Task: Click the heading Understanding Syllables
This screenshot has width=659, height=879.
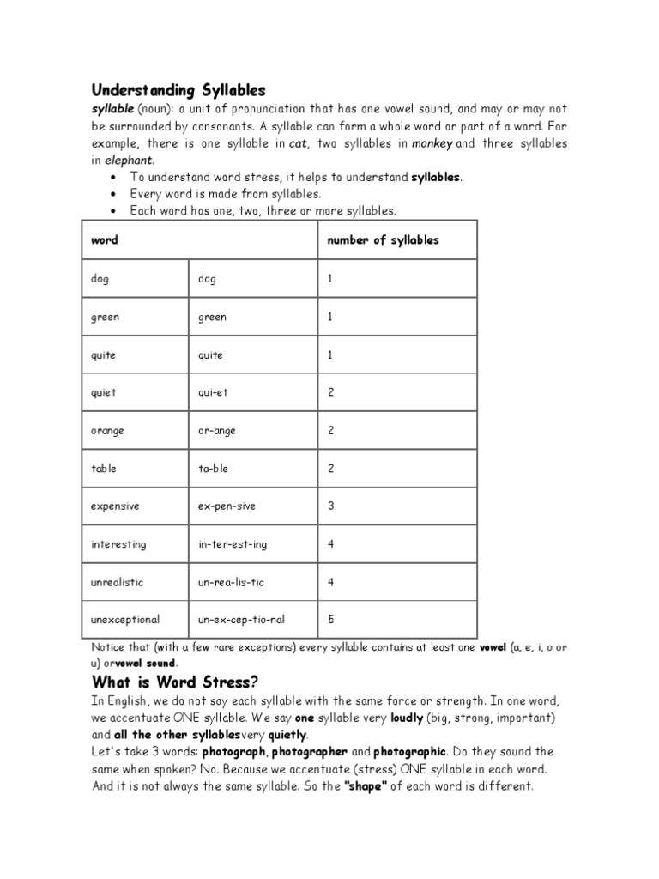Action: click(x=178, y=90)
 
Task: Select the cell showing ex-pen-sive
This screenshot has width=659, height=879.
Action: click(x=227, y=506)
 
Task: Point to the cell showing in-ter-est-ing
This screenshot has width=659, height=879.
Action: click(x=233, y=544)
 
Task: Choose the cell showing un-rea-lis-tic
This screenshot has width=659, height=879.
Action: click(x=231, y=582)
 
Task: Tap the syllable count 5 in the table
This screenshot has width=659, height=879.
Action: click(x=330, y=619)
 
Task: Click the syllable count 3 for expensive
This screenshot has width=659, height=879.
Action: click(x=330, y=506)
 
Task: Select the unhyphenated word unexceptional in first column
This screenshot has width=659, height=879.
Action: click(x=125, y=619)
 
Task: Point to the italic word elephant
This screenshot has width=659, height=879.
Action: click(x=130, y=161)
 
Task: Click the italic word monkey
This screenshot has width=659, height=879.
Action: click(x=432, y=143)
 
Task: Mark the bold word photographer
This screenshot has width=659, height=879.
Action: click(x=309, y=752)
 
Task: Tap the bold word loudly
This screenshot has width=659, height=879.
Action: click(x=407, y=718)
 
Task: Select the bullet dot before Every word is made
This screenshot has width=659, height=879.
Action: click(x=114, y=194)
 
